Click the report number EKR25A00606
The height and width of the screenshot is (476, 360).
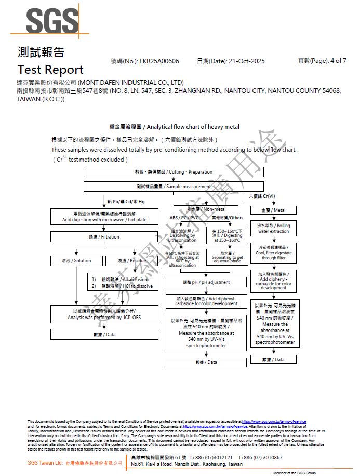[159, 61]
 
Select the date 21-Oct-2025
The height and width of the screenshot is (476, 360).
[245, 61]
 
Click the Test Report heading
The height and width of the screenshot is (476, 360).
[50, 70]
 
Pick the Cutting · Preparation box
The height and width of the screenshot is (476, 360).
[174, 172]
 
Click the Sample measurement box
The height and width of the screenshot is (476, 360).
[174, 187]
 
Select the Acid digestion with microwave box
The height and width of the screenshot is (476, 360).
[104, 217]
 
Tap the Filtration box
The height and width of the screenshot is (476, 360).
[104, 237]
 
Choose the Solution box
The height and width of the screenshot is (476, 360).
[75, 261]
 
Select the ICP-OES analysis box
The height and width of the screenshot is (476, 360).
[104, 314]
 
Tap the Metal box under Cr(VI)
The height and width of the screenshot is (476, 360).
[274, 210]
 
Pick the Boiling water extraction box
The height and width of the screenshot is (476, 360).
[274, 229]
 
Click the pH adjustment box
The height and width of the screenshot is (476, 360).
[206, 282]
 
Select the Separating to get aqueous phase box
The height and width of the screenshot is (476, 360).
[226, 257]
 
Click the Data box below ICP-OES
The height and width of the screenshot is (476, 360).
[104, 335]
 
